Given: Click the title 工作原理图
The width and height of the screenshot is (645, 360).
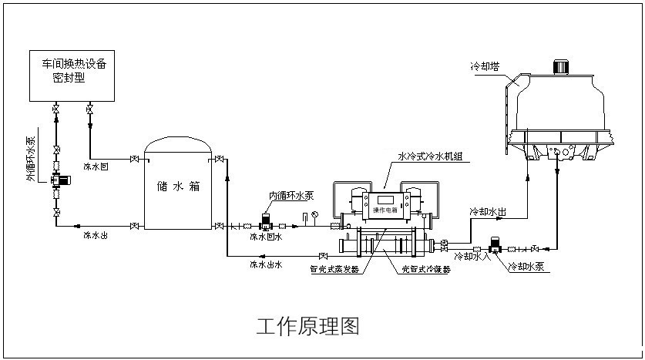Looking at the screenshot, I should (307, 326).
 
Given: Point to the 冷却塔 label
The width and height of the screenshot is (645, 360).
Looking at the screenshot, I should (485, 66).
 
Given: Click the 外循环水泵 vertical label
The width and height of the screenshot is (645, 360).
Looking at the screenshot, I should (30, 159).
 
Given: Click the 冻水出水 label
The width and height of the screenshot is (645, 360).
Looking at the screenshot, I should (266, 264).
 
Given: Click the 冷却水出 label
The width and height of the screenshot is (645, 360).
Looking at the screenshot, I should (488, 211).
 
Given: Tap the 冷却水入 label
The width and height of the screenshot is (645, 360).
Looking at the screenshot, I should (470, 256).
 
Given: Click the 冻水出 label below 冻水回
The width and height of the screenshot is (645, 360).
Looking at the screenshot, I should (96, 235).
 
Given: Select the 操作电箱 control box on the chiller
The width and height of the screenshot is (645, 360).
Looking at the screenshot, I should (385, 209).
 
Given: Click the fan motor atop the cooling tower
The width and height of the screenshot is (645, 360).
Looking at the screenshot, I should (561, 65).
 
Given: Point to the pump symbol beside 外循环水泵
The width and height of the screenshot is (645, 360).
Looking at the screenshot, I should (59, 181).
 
